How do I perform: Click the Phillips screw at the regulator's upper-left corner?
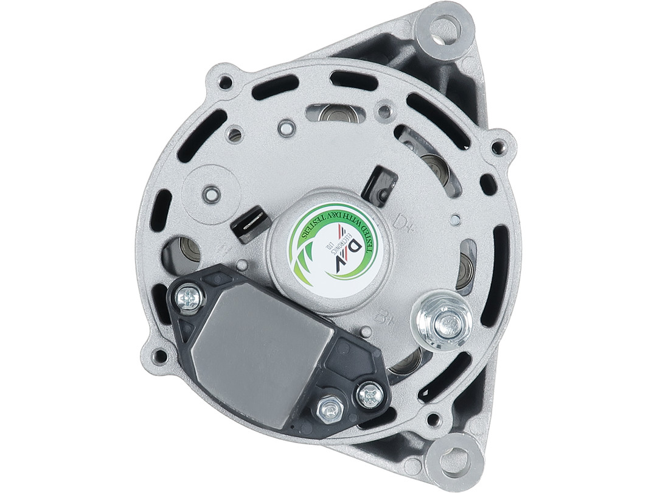tap(189, 299)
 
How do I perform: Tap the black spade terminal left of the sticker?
tap(250, 223)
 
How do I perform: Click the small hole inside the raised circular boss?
tap(210, 194)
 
